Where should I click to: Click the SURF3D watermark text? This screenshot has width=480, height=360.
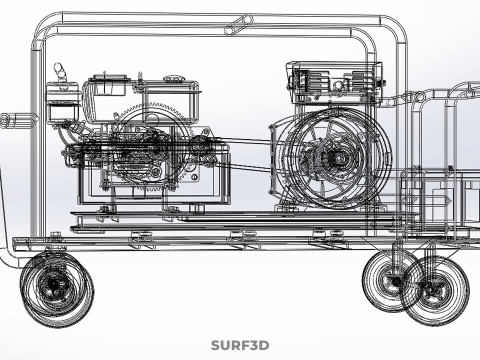240,346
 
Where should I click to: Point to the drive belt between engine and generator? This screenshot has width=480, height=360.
250,143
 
